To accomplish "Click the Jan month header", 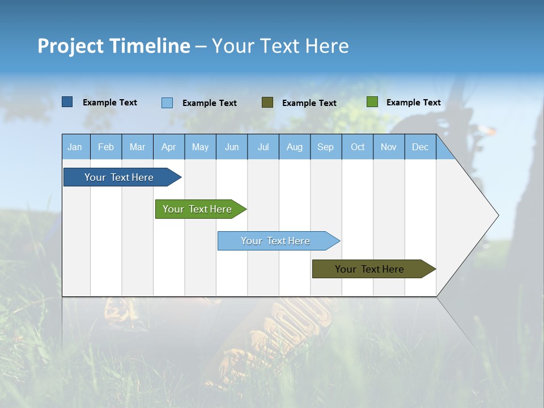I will (x=75, y=147).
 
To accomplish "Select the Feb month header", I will (x=106, y=147).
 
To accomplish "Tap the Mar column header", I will (x=137, y=147).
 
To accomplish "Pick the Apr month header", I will (x=169, y=147).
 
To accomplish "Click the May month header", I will (x=200, y=147).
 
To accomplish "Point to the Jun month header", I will (x=232, y=147).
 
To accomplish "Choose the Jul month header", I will (x=263, y=147).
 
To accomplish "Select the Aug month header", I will (x=295, y=147).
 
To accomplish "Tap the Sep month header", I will (x=326, y=147).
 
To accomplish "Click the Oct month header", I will (x=358, y=147).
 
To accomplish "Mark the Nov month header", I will (x=389, y=147).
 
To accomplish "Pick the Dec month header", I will (x=420, y=147).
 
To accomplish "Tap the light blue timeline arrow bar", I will (x=276, y=241).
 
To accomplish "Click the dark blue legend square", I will (x=67, y=102).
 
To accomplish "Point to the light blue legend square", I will (x=167, y=103).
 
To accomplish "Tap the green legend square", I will (x=372, y=102).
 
